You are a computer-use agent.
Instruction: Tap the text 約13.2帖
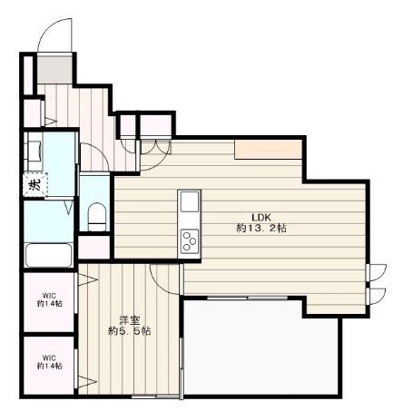coord(261,229)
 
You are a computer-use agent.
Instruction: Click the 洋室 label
coord(130,318)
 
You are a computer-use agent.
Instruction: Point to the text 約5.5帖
coord(130,331)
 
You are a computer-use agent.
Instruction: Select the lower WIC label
coord(50,360)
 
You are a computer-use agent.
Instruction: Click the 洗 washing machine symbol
coord(34,185)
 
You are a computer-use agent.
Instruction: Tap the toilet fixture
coord(98,215)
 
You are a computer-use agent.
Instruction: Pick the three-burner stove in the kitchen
coord(190,240)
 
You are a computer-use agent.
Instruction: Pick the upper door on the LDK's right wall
coord(374,271)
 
